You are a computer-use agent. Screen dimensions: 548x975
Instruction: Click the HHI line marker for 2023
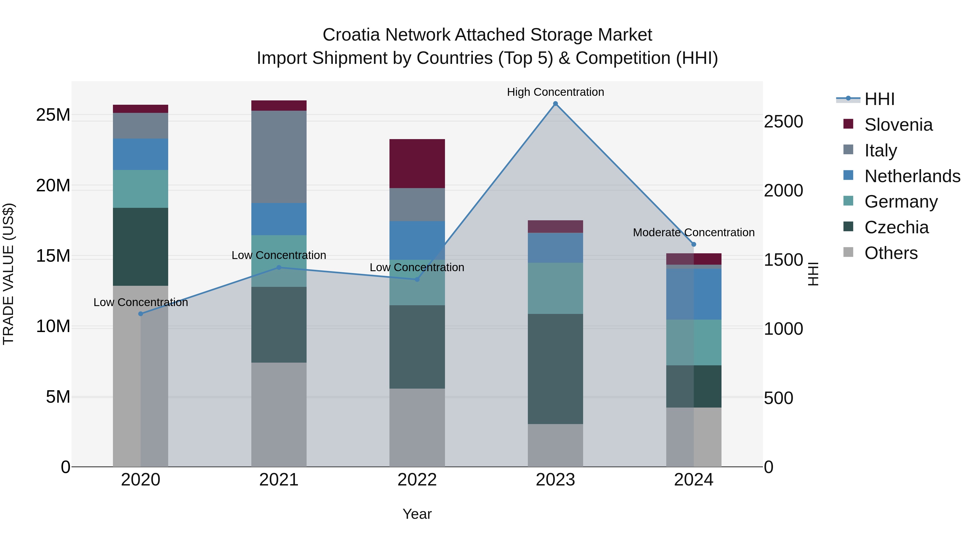(x=555, y=104)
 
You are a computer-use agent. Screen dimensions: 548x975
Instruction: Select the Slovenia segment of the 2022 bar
(x=417, y=163)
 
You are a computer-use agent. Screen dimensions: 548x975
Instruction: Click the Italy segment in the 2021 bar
(x=279, y=157)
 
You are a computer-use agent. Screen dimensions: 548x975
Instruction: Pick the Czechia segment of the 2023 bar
(x=555, y=369)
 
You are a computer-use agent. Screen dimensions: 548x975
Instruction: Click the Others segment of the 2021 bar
(x=279, y=415)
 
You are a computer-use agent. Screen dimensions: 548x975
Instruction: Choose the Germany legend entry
(x=901, y=202)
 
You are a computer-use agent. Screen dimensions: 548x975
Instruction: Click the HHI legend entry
(x=879, y=99)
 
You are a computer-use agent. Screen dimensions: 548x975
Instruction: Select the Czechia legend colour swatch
(x=848, y=227)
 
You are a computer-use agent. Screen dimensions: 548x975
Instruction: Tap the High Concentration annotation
(x=555, y=92)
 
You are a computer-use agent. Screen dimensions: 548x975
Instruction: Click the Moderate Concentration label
(x=693, y=232)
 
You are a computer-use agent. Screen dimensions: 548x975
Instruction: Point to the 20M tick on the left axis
(x=53, y=186)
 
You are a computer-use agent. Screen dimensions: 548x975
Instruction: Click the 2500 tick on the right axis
(x=783, y=122)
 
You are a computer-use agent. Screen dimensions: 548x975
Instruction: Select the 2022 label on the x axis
(x=417, y=480)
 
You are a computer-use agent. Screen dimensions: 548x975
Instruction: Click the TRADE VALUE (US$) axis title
(x=8, y=274)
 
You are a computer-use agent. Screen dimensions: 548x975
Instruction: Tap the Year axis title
(x=417, y=514)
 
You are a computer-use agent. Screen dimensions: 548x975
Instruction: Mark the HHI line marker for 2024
(x=693, y=244)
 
